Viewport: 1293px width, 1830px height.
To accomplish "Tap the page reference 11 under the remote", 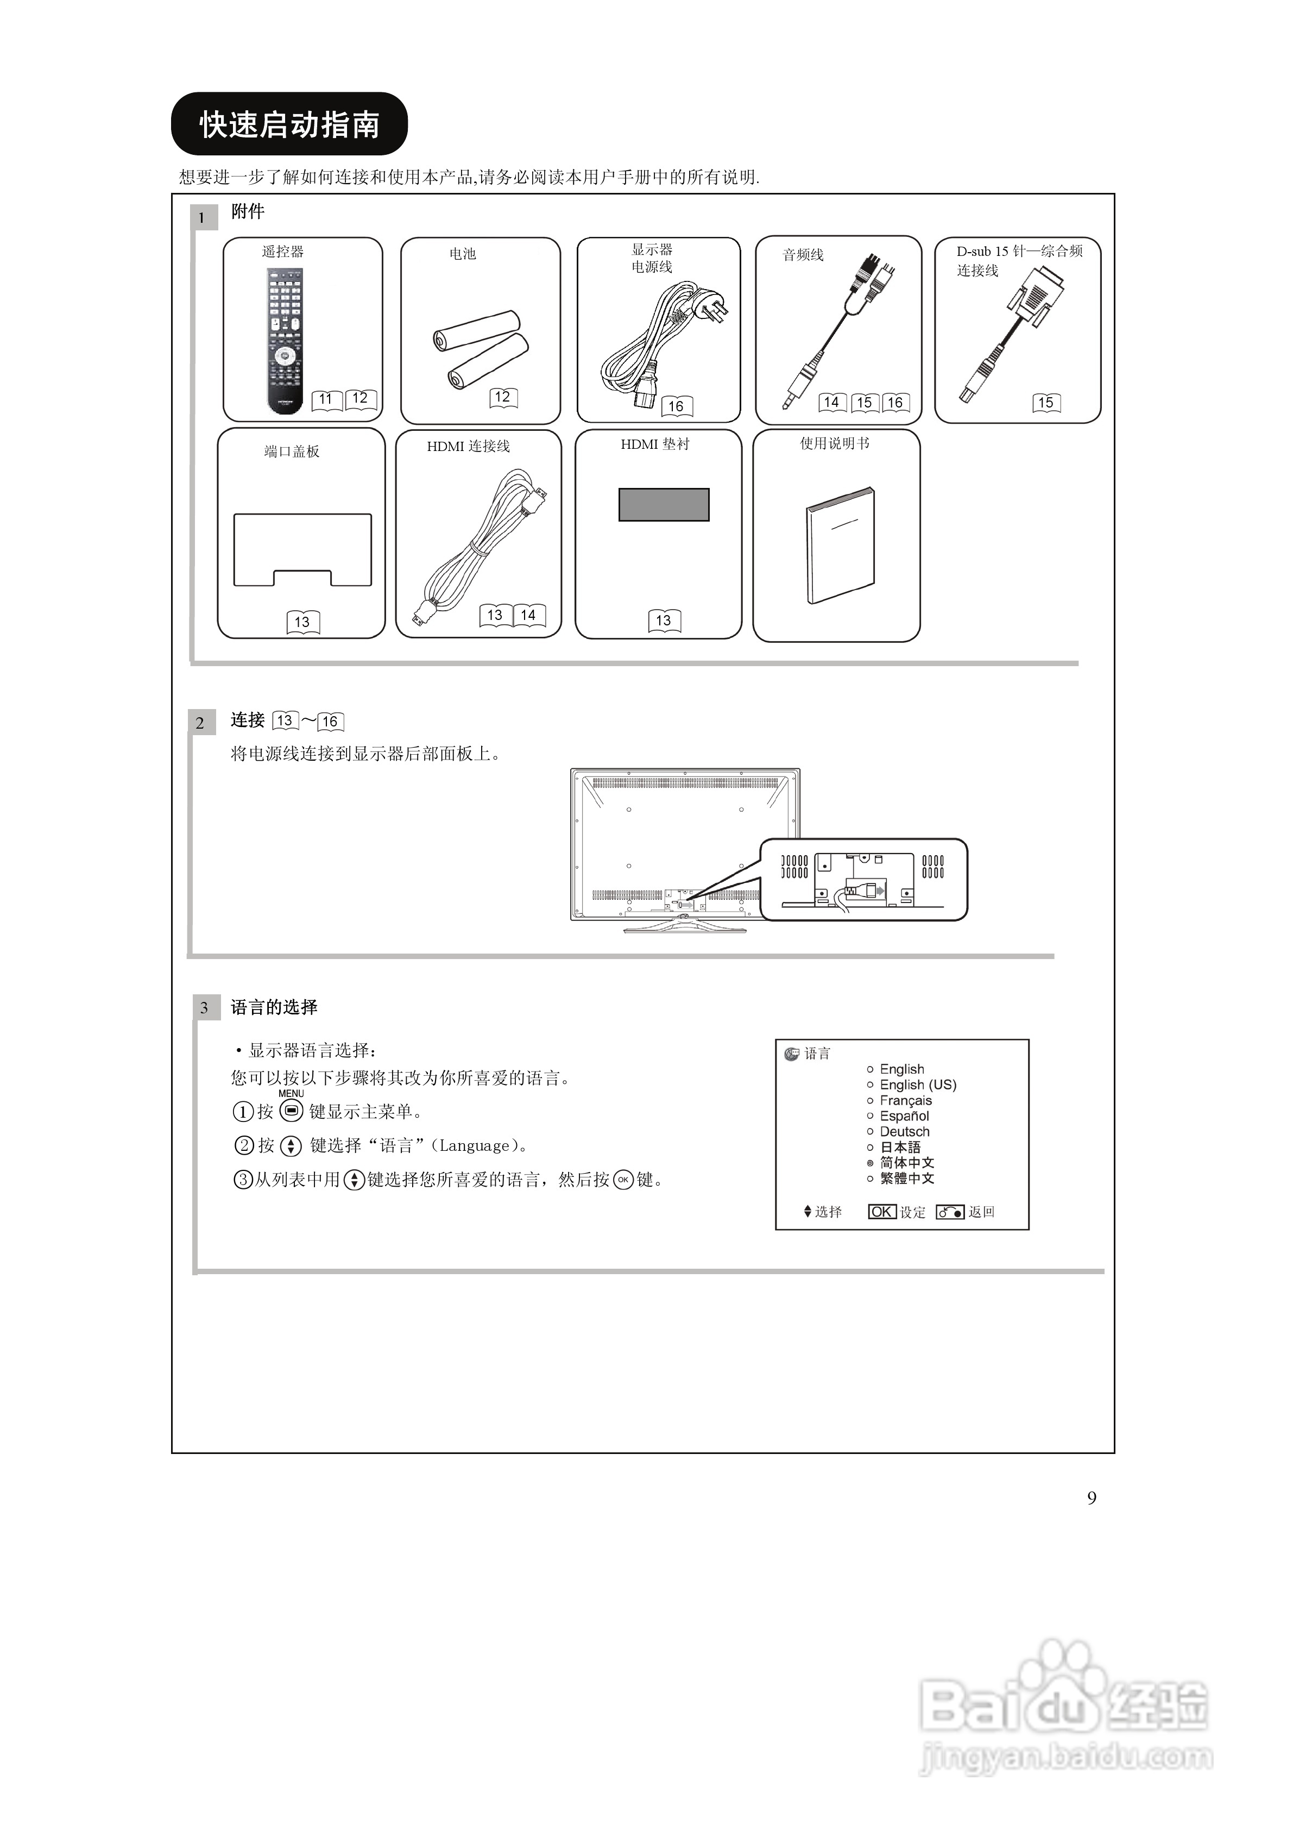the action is click(326, 399).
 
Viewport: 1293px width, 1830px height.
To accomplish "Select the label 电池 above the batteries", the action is click(462, 253).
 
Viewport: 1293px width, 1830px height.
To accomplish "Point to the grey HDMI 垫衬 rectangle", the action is click(664, 505).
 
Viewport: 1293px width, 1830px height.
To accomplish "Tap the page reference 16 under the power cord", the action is click(676, 406).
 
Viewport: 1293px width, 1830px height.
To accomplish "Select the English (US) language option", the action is click(917, 1085).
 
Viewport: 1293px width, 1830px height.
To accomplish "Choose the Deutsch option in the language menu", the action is click(904, 1132).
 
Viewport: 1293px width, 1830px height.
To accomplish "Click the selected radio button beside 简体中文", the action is click(870, 1163).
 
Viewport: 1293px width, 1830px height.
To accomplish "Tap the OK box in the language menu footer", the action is click(882, 1212).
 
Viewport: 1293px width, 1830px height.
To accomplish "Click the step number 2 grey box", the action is click(200, 723).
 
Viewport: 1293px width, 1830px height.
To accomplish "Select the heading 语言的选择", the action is click(274, 1007).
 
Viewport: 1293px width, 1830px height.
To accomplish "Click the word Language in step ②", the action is click(474, 1146).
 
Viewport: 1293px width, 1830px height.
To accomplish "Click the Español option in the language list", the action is click(904, 1116).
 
